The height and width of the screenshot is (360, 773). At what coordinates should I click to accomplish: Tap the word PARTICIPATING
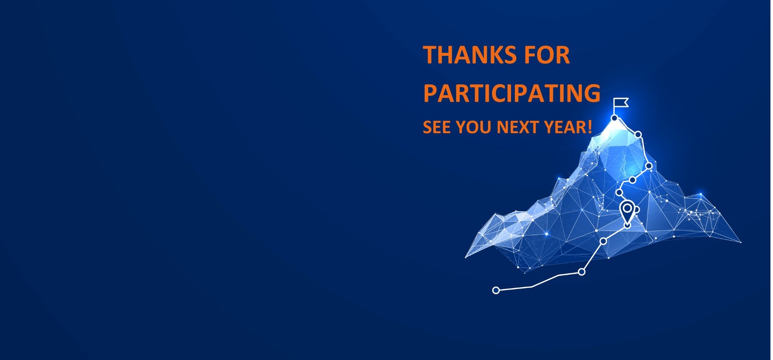[512, 93]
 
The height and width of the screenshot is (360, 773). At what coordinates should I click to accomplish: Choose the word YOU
[474, 127]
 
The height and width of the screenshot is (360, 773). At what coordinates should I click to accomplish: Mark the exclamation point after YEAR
[590, 127]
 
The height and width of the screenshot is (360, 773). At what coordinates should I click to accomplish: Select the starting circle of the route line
[496, 290]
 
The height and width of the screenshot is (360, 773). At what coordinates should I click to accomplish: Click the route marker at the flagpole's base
[614, 118]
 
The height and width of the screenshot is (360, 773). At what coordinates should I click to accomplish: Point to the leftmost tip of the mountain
[465, 257]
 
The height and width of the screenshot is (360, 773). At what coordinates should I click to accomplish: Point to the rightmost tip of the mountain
[741, 242]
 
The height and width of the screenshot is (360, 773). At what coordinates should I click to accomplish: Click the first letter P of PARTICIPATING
[430, 93]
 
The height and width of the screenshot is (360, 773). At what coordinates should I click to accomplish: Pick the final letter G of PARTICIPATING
[592, 93]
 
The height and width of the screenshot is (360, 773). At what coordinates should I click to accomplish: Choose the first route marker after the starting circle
[582, 272]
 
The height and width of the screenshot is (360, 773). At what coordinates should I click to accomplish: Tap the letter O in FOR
[545, 55]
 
